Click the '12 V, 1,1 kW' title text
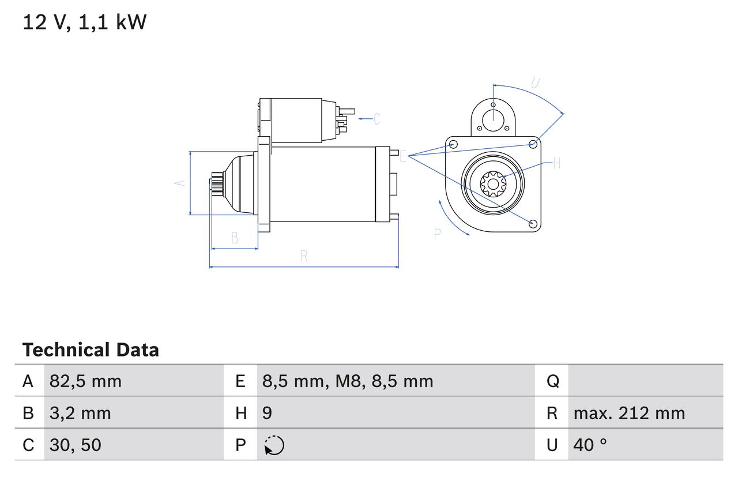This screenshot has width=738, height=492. pos(84,22)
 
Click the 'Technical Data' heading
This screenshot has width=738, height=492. pos(91,350)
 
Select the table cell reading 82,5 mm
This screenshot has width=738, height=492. pos(85,381)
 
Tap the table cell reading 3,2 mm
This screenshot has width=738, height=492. pos(80,413)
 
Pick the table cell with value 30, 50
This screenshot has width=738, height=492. pos(75,445)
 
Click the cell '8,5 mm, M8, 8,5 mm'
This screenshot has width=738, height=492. pos(347,381)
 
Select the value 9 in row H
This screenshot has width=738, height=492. pos(267,413)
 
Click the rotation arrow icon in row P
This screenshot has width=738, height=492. pos(274,445)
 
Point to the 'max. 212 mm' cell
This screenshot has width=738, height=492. pos(629,413)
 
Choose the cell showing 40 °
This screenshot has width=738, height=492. pos(590,445)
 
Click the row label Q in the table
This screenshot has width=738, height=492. pos(552,381)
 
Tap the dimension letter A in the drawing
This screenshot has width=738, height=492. pos(180,183)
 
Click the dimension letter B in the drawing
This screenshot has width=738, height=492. pos(234,238)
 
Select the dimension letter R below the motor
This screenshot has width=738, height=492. pos(304,257)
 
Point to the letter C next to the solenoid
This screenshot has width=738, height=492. pos(376,119)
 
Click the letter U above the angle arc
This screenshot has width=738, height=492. pos(535,83)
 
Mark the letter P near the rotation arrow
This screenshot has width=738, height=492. pos(437,234)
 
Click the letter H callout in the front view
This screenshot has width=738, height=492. pos(556,164)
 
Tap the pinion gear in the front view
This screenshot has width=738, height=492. pos(493,185)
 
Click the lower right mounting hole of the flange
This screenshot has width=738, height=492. pos(533,223)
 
